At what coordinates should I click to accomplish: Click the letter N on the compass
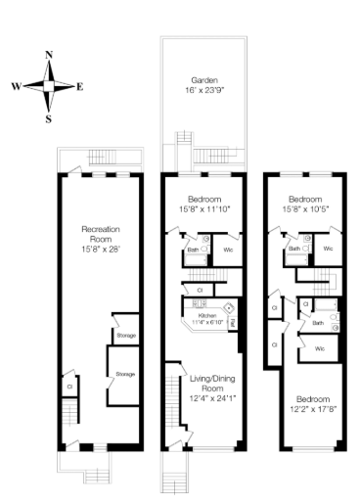pos(49,57)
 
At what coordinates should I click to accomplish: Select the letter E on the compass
pos(79,86)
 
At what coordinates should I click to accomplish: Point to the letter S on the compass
pos(48,118)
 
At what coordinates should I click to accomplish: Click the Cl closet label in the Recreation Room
pos(69,386)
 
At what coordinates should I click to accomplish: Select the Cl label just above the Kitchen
pos(200,290)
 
